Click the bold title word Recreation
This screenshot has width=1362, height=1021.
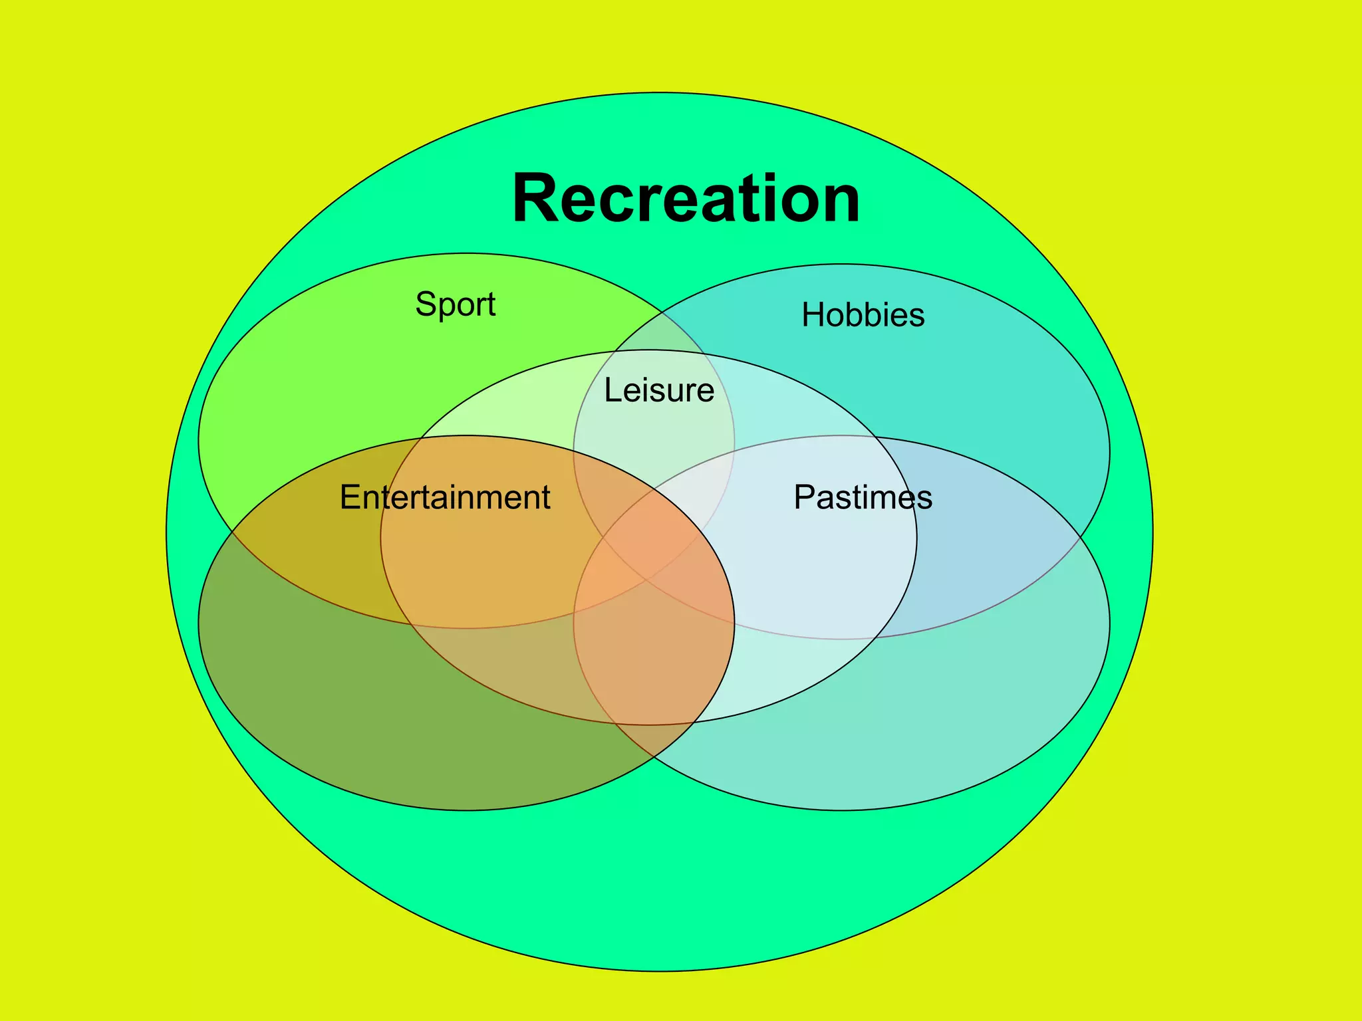(686, 199)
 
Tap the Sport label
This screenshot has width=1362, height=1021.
(456, 305)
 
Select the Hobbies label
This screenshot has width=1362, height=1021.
(863, 315)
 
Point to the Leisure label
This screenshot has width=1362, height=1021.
(659, 390)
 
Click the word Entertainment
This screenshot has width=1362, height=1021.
(445, 497)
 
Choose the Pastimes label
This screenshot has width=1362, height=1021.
(863, 497)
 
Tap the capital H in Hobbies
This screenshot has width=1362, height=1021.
(813, 315)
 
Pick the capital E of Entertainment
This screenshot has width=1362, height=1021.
(350, 497)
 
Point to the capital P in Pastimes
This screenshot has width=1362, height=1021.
(805, 497)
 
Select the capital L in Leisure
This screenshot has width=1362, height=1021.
(612, 390)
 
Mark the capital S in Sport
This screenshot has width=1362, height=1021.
(426, 304)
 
